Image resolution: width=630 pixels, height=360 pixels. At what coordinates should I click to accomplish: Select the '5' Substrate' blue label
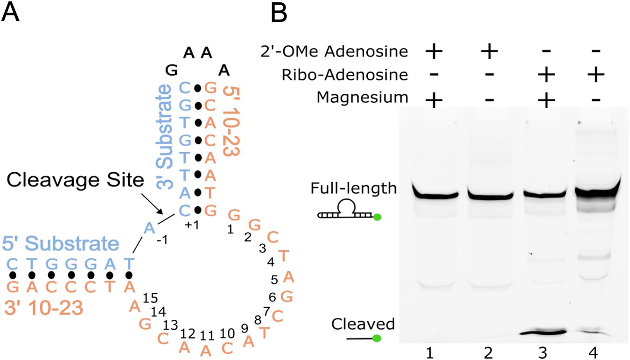click(60, 244)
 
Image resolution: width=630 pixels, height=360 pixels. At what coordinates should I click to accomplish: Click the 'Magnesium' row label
click(362, 98)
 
